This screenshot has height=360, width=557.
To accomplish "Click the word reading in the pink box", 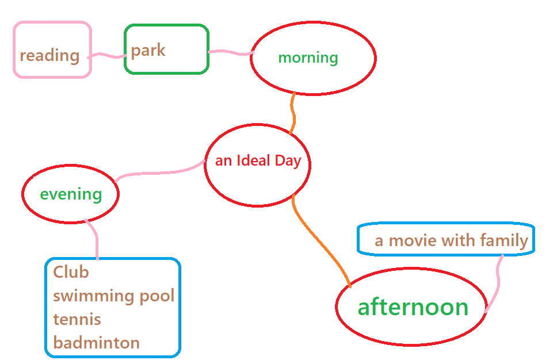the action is click(x=49, y=56).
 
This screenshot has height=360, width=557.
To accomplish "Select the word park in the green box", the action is click(x=148, y=51).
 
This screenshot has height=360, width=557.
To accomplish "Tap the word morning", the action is click(x=308, y=58).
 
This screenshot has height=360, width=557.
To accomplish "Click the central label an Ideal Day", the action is click(x=258, y=161).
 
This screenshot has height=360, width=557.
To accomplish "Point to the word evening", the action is click(x=71, y=194).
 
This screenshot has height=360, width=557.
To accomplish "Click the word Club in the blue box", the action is click(x=71, y=272).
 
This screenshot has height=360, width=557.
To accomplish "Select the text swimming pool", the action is click(x=114, y=296).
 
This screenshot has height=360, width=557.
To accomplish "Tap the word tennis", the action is click(x=77, y=319).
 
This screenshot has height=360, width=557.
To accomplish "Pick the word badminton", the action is click(x=96, y=343).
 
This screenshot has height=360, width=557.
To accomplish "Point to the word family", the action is click(x=505, y=241).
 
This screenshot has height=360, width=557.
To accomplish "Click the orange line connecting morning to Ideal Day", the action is click(x=293, y=113).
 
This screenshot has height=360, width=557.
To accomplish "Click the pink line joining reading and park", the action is click(x=106, y=55).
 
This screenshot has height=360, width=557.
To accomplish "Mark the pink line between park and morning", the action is click(x=231, y=52).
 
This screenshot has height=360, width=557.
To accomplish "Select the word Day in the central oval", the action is click(x=288, y=162).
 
